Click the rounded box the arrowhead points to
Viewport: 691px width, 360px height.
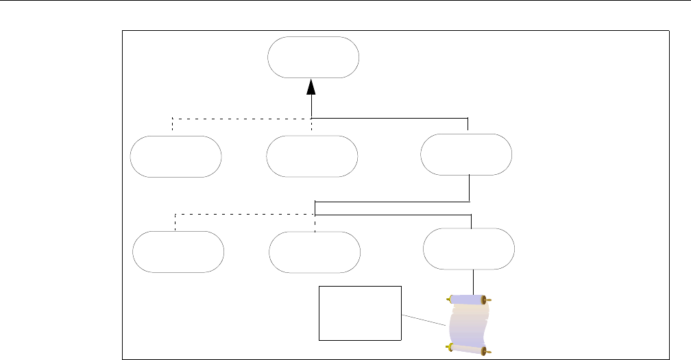pyautogui.click(x=313, y=58)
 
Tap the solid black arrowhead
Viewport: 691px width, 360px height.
pyautogui.click(x=312, y=86)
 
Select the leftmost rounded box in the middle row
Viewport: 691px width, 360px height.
pyautogui.click(x=176, y=156)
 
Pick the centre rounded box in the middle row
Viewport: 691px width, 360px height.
pyautogui.click(x=312, y=156)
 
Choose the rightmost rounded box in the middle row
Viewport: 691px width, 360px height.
pyautogui.click(x=466, y=154)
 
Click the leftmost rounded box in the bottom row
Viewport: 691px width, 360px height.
pyautogui.click(x=178, y=252)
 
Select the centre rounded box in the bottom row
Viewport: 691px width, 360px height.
pyautogui.click(x=315, y=252)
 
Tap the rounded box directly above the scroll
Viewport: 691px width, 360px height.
pyautogui.click(x=469, y=248)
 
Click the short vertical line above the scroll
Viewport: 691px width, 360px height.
pyautogui.click(x=474, y=282)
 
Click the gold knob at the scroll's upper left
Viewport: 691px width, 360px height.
pyautogui.click(x=450, y=299)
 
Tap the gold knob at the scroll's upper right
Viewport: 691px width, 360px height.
pyautogui.click(x=488, y=300)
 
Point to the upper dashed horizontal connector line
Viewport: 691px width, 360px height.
pyautogui.click(x=240, y=119)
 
